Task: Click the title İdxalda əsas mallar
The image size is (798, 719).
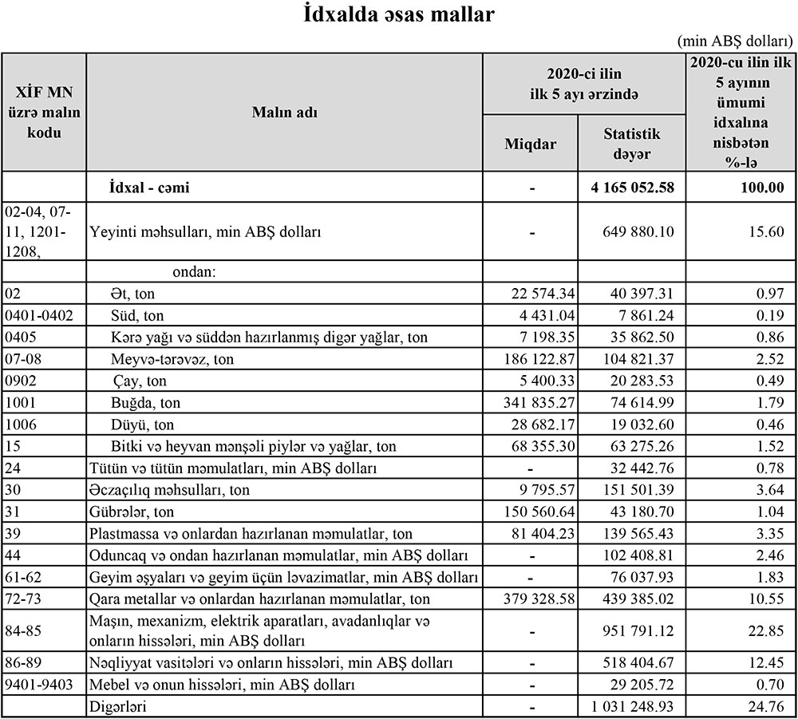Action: pyautogui.click(x=399, y=15)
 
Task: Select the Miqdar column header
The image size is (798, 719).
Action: pyautogui.click(x=531, y=144)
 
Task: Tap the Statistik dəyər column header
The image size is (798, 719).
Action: pyautogui.click(x=632, y=144)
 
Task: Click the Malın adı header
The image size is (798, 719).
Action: pyautogui.click(x=285, y=113)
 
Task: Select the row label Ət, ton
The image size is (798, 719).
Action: pyautogui.click(x=132, y=294)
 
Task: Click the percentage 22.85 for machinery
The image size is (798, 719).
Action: pyautogui.click(x=765, y=631)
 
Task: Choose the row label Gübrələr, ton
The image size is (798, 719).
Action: pyautogui.click(x=132, y=512)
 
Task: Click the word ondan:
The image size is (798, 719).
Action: pyautogui.click(x=195, y=272)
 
